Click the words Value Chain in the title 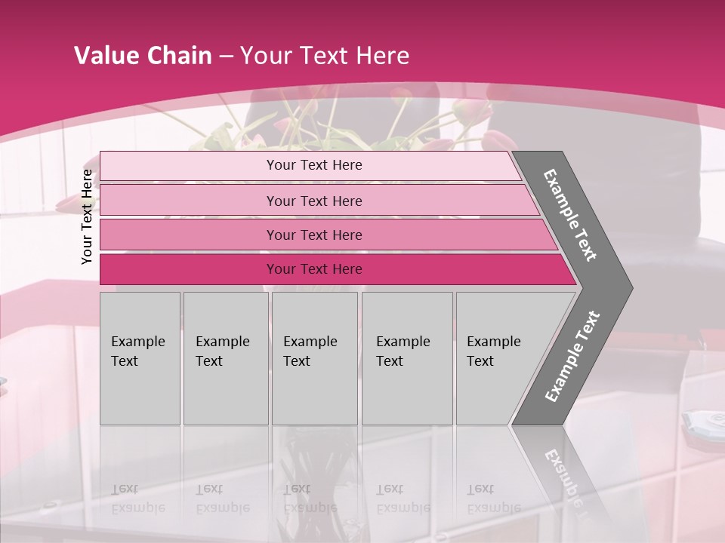(143, 56)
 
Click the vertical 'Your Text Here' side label (88, 217)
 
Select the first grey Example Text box (140, 358)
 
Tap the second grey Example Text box (225, 358)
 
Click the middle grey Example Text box (314, 358)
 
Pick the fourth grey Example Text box (407, 358)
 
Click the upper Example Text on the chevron (570, 215)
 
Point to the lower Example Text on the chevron (572, 357)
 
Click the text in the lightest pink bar (314, 165)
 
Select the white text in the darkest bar (314, 269)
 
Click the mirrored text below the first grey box (137, 499)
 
